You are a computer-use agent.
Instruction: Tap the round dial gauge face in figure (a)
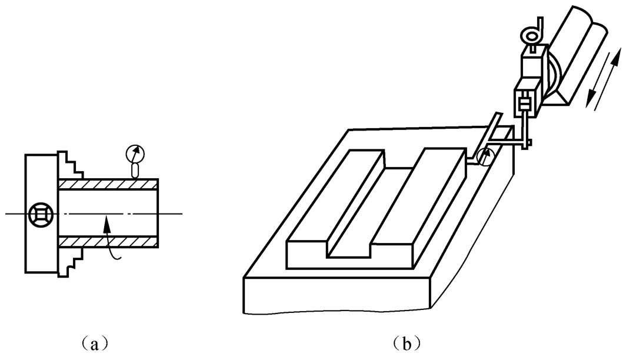tap(135, 154)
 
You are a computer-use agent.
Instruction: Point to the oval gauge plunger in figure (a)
tap(135, 171)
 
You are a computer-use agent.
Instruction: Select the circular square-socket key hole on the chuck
tap(39, 214)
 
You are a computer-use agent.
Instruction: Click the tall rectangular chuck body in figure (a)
tap(41, 176)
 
